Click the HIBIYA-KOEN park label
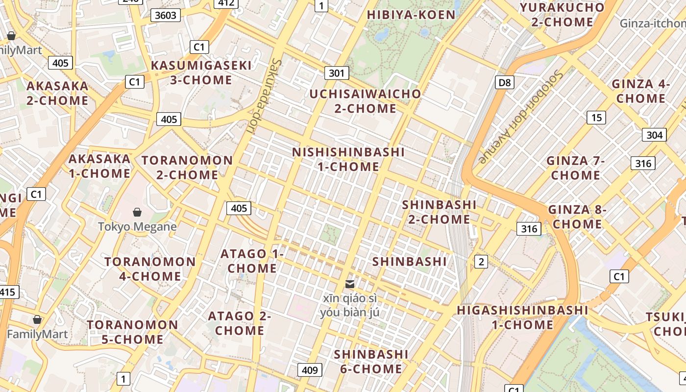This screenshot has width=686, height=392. coord(411,15)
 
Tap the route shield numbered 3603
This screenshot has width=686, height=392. coord(165,15)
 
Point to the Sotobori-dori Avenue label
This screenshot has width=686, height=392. coord(521,116)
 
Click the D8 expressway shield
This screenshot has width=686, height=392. coord(505,82)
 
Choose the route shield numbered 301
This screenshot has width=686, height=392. coord(336,73)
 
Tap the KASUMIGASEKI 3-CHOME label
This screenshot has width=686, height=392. coord(201,73)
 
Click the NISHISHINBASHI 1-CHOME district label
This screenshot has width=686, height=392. coord(348,159)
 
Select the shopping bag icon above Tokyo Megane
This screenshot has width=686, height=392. coord(137,212)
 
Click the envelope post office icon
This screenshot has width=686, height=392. coord(350,284)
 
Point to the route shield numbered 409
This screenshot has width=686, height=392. coord(310,370)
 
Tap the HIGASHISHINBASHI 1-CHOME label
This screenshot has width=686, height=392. coord(522,317)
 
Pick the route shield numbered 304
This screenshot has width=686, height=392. coord(654,135)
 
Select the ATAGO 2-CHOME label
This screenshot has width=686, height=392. coord(240,323)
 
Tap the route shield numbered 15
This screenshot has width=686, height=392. coord(596,117)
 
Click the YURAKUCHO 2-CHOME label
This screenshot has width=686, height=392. coord(562,15)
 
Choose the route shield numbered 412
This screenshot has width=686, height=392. coord(226,4)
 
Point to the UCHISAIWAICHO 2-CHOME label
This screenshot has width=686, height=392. coord(365,101)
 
